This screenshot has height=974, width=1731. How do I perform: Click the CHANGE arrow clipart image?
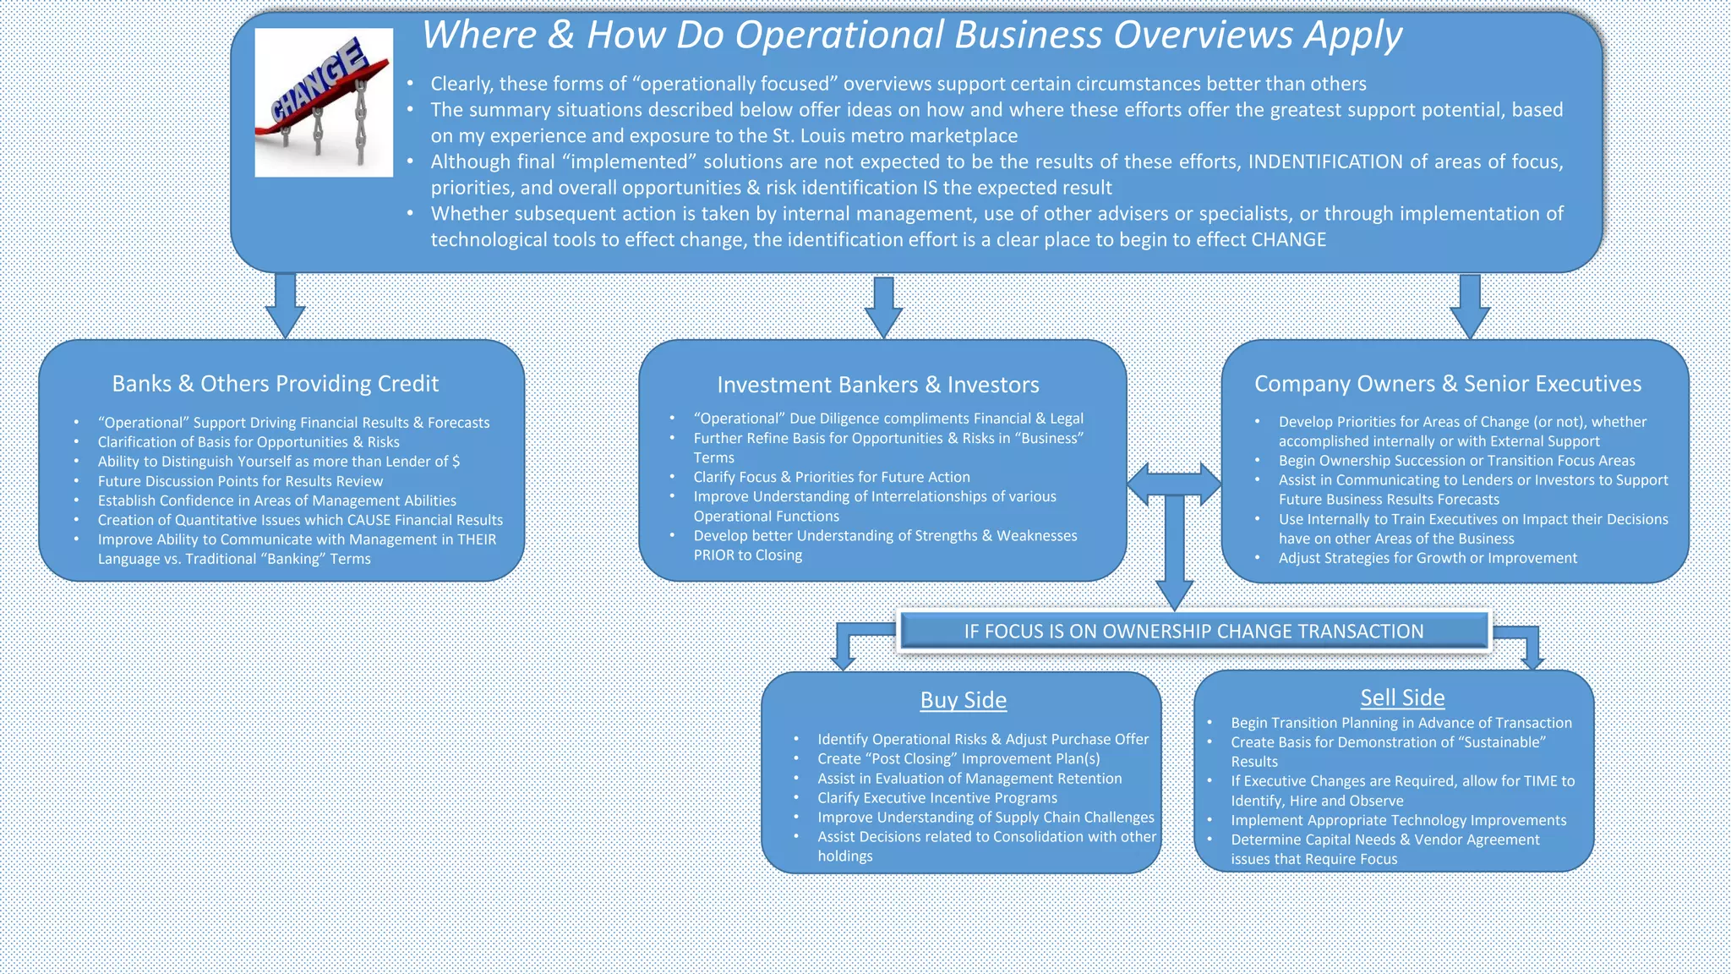[x=324, y=102]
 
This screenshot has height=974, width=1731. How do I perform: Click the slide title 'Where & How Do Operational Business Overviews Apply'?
[x=911, y=36]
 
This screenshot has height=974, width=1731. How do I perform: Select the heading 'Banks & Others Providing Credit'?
[x=276, y=384]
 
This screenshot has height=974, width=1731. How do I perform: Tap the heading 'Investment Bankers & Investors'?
[x=878, y=385]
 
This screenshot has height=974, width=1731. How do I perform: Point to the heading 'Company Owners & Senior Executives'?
[x=1447, y=384]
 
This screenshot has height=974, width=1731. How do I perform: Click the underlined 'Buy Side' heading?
[x=963, y=700]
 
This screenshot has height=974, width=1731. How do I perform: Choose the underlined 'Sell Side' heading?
[x=1402, y=698]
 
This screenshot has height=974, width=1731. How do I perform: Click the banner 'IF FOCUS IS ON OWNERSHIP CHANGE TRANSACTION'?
[x=1193, y=632]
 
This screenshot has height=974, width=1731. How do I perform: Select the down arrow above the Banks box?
[x=285, y=306]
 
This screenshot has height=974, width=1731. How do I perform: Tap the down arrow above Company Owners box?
[x=1469, y=306]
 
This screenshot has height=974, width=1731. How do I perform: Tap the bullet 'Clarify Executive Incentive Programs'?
[x=936, y=798]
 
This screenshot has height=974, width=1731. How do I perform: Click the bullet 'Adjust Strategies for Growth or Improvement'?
[x=1428, y=558]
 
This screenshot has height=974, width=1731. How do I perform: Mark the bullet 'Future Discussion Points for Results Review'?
[x=240, y=481]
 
